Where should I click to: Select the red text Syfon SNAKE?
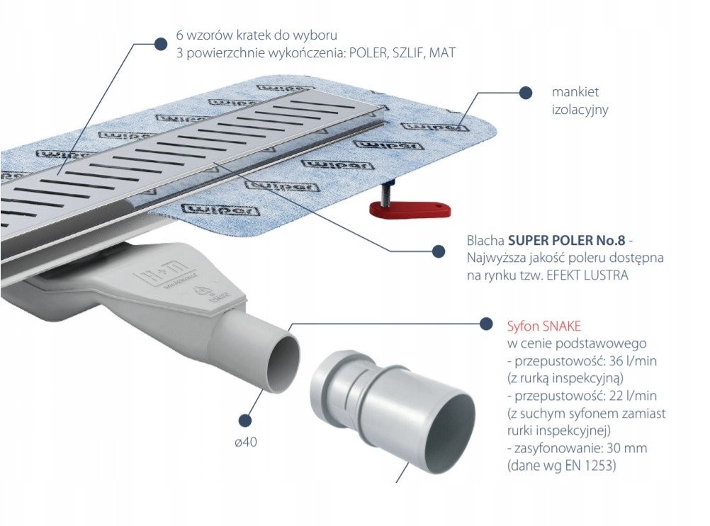[x=544, y=326]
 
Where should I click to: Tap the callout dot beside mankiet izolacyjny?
[x=525, y=92]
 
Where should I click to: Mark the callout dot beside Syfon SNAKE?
[x=486, y=324]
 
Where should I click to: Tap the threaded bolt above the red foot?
[x=388, y=190]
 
